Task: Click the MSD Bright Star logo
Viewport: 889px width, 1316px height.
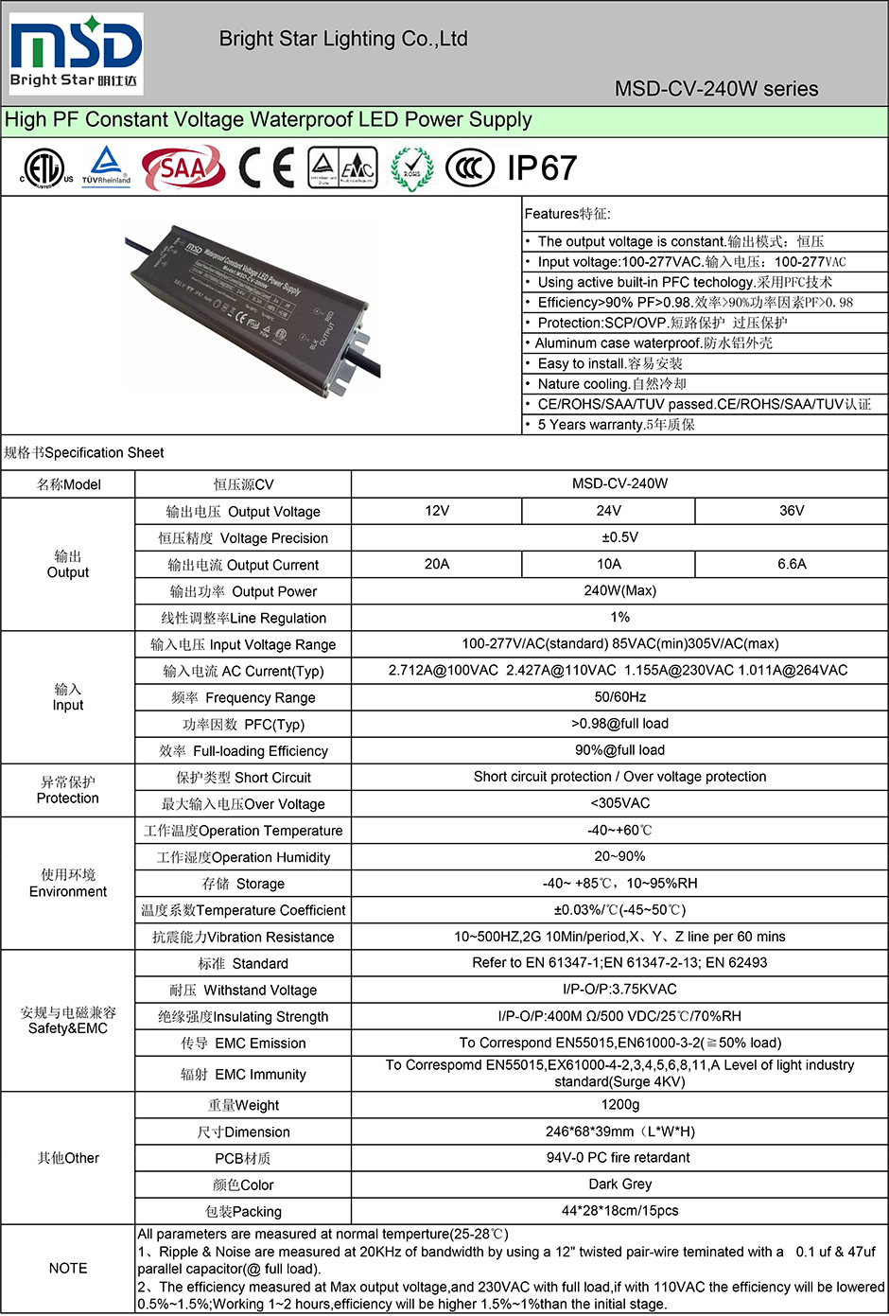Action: [76, 53]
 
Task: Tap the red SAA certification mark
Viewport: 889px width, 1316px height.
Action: [183, 168]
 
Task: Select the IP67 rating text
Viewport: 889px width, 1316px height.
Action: [542, 168]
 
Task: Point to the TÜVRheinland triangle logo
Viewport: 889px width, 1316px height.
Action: [106, 167]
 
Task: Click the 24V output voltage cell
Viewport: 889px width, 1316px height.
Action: [608, 511]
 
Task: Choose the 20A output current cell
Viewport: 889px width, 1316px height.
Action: [437, 564]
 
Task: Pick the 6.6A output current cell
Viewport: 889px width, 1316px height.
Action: [792, 564]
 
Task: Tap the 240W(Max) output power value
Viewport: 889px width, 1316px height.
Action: [619, 590]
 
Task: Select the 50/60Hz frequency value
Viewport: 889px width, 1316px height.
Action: [619, 697]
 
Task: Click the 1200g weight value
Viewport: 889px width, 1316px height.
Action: [619, 1104]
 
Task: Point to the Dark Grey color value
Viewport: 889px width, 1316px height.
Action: [619, 1184]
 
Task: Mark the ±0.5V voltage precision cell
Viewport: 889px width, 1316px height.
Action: [619, 537]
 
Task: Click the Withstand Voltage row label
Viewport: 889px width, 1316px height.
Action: [243, 990]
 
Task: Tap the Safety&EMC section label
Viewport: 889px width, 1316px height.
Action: [68, 1020]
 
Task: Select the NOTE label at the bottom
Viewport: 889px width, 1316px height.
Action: [68, 1268]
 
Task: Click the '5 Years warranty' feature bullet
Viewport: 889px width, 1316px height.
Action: [616, 425]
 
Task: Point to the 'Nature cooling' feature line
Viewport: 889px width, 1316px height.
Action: [612, 384]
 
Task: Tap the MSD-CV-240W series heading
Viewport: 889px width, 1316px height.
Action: [716, 89]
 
